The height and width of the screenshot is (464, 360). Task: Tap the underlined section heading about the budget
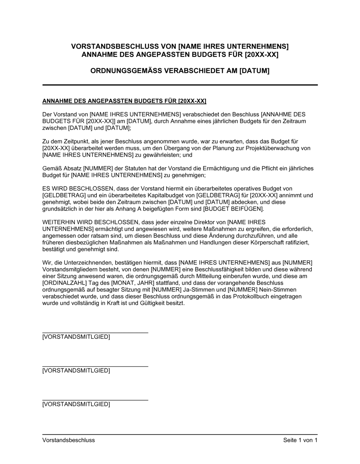(124, 101)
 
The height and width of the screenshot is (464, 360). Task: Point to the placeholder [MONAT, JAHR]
(121, 283)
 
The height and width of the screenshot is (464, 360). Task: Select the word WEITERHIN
(59, 222)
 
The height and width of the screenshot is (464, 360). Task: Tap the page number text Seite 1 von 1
(300, 440)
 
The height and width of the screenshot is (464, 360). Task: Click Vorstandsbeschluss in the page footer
(69, 440)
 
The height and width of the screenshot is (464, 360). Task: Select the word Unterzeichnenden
(84, 263)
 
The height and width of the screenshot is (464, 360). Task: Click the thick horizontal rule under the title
(180, 85)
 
